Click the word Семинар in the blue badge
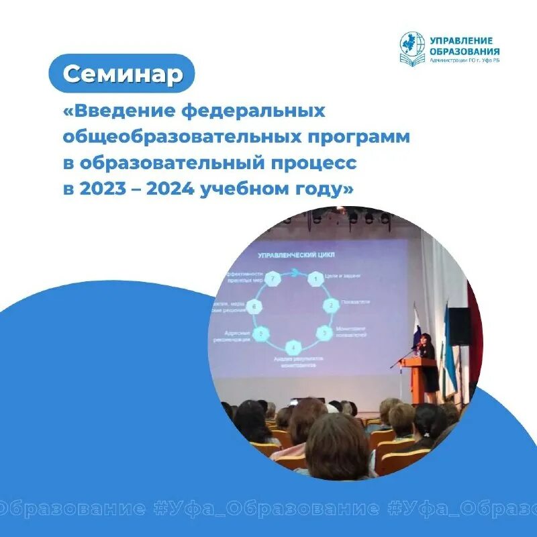[x=123, y=73]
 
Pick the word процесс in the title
[x=309, y=163]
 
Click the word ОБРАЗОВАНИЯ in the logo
[x=465, y=51]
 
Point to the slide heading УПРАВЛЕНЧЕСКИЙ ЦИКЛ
[x=297, y=255]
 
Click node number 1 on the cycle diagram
[x=313, y=279]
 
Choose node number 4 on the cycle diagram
[x=293, y=347]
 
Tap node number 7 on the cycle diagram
[x=273, y=278]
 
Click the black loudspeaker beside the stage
[x=459, y=327]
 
